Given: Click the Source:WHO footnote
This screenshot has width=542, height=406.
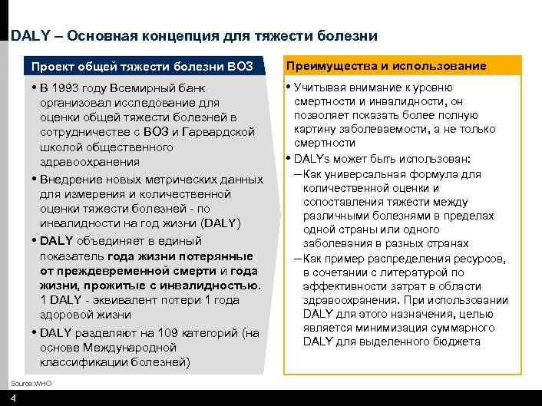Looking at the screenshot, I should [x=31, y=382].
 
